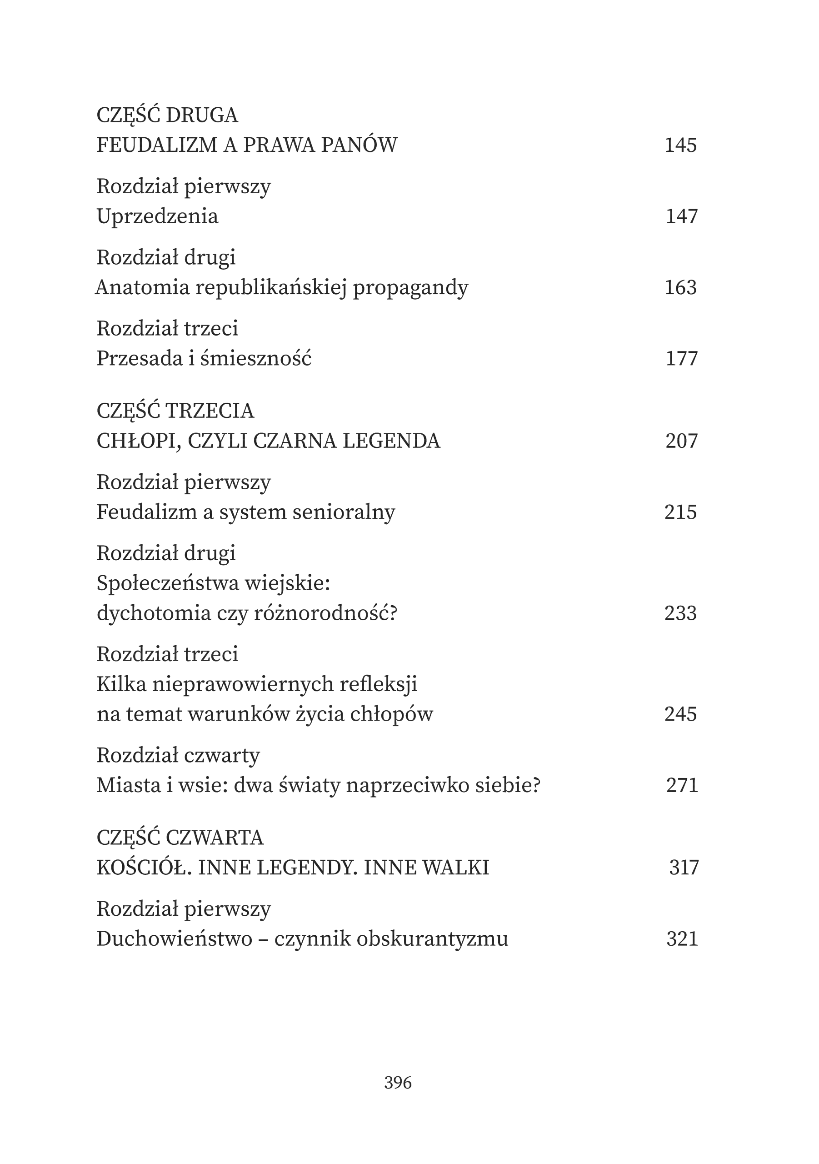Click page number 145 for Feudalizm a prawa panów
click(681, 145)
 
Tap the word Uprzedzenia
click(157, 216)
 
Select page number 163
click(681, 287)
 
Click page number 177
click(682, 359)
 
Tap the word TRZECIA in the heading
click(210, 411)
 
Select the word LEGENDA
click(391, 441)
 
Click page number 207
click(682, 441)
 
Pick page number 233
click(681, 613)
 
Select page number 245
click(681, 714)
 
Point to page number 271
click(682, 785)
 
